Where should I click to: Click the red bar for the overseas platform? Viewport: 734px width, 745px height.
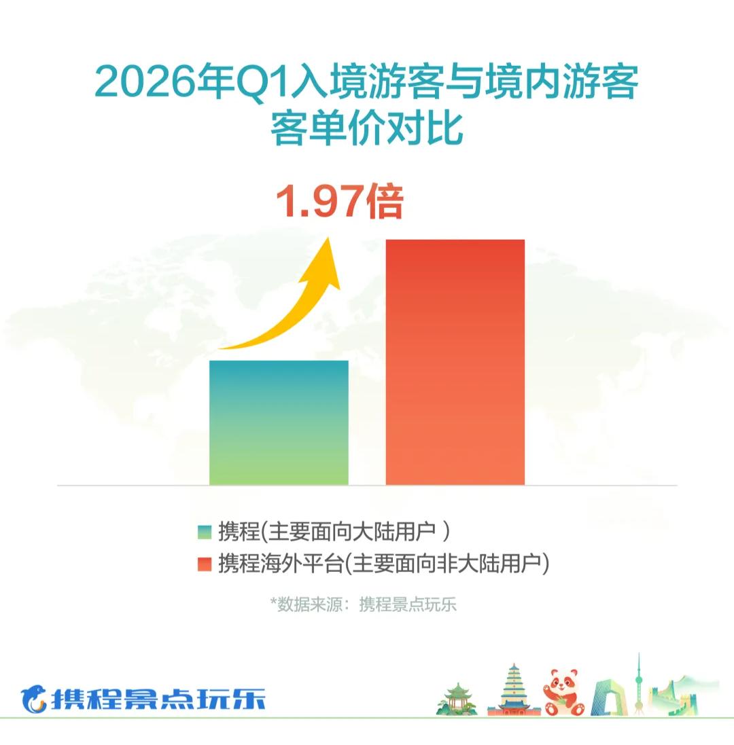[x=455, y=362]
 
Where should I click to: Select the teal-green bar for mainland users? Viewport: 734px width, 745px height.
[x=279, y=423]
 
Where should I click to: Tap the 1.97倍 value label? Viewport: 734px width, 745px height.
[x=339, y=201]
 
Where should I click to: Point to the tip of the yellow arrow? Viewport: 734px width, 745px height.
[x=328, y=238]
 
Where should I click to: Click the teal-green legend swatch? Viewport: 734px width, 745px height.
[x=204, y=532]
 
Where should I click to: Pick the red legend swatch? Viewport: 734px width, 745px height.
[x=204, y=564]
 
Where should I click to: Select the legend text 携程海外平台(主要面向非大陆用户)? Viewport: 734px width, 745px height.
[x=383, y=564]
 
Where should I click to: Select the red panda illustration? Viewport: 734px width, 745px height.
[x=564, y=692]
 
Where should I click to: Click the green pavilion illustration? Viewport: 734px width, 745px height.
[x=457, y=698]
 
